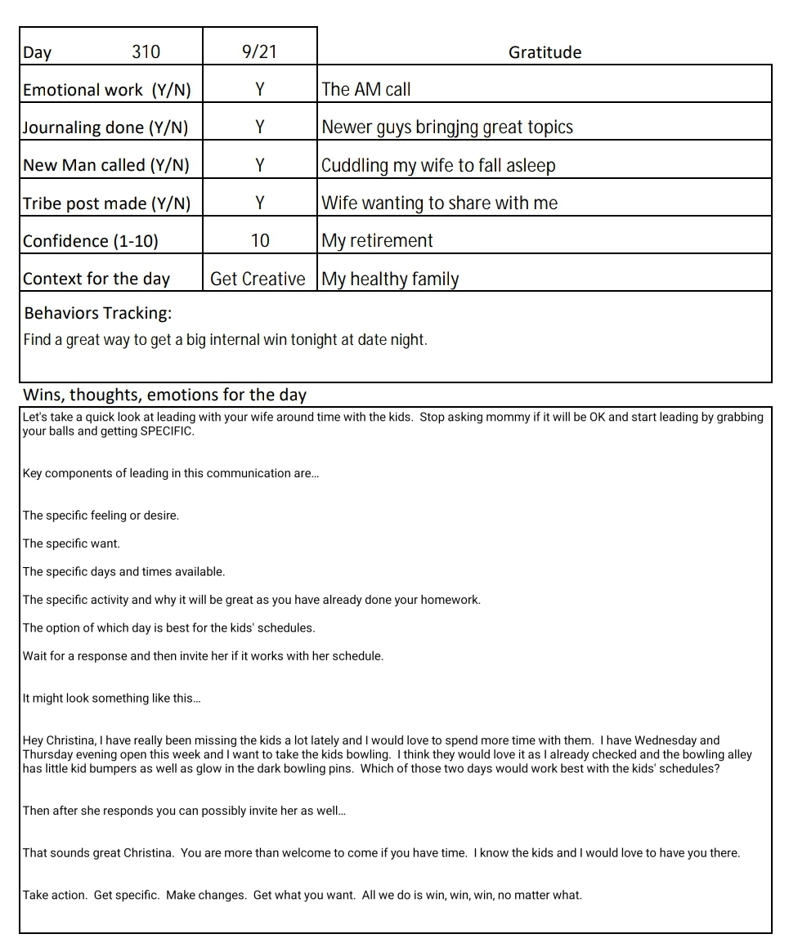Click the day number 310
click(146, 52)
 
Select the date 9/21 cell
click(259, 52)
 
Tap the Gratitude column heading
click(545, 53)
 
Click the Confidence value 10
click(259, 240)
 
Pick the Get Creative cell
click(258, 279)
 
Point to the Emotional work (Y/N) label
click(106, 90)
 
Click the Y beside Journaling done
click(259, 127)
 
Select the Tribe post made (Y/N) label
click(106, 203)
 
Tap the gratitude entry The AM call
click(366, 90)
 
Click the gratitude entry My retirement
click(377, 240)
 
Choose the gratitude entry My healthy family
click(390, 279)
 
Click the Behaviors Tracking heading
click(97, 314)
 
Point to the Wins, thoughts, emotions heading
click(164, 396)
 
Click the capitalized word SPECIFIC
click(167, 431)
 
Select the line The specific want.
click(71, 543)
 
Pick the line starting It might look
click(111, 699)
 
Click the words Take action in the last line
click(54, 895)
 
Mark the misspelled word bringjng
click(449, 127)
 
